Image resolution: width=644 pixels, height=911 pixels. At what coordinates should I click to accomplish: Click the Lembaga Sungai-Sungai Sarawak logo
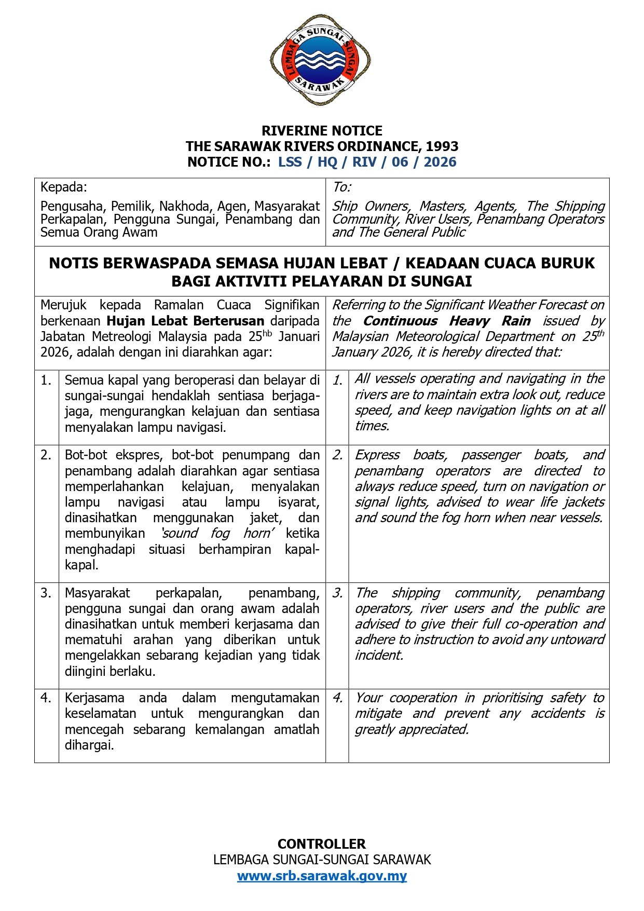point(320,60)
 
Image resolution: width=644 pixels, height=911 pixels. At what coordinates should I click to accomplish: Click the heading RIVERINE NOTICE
point(322,131)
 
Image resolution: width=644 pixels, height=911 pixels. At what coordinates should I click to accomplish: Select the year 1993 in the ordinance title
point(442,146)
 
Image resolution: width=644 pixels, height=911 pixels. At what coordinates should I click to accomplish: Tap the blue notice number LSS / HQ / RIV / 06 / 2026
point(367,162)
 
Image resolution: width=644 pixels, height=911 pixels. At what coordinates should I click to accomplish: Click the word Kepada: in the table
point(64,187)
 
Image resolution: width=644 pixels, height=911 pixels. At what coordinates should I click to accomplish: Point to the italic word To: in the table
point(341,187)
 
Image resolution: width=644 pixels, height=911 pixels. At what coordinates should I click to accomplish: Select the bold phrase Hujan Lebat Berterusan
point(185,321)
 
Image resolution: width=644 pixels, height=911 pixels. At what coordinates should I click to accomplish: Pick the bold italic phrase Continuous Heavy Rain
point(446,321)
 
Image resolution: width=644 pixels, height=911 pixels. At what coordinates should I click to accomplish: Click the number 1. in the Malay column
point(46,380)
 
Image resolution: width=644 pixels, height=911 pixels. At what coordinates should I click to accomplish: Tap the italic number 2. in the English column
point(337,455)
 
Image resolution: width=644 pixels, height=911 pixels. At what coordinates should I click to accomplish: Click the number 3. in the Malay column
point(46,593)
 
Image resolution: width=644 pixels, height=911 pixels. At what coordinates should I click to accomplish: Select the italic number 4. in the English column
point(337,698)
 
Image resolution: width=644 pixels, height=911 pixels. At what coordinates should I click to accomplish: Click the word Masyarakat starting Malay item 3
point(97,593)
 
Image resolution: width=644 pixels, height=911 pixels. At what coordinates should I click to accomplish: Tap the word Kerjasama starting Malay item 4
point(94,698)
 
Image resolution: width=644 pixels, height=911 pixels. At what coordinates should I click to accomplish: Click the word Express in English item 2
point(377,455)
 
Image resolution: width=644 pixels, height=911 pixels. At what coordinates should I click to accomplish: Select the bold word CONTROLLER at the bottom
point(322,844)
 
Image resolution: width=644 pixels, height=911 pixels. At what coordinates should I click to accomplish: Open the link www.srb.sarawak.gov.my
point(322,876)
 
